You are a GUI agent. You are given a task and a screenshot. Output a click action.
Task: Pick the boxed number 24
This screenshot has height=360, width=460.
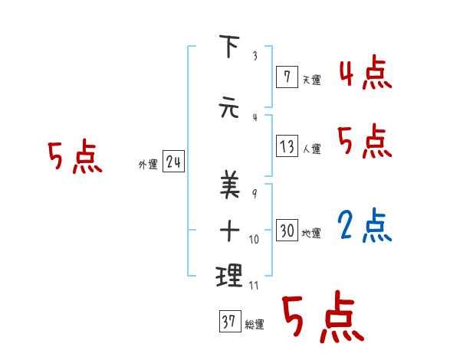pyautogui.click(x=173, y=162)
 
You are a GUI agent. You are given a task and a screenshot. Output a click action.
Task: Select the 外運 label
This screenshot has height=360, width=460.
pyautogui.click(x=147, y=164)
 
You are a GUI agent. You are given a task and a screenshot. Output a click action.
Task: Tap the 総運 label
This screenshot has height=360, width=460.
pyautogui.click(x=255, y=325)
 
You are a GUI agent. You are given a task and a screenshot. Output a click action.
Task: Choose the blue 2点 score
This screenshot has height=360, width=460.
pyautogui.click(x=365, y=226)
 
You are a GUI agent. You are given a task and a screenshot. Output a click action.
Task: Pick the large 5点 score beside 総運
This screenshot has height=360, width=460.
pyautogui.click(x=322, y=316)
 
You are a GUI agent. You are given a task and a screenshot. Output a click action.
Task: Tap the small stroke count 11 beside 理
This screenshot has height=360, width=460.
pyautogui.click(x=255, y=285)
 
